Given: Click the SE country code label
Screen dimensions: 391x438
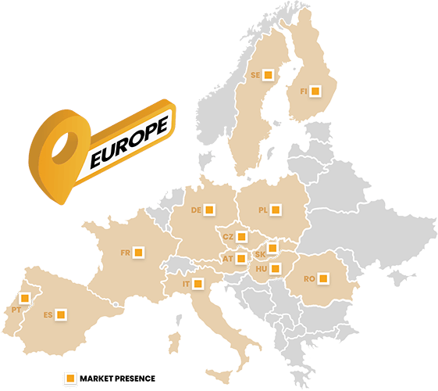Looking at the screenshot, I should [x=255, y=75].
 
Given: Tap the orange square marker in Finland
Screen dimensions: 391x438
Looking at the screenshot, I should [x=315, y=91].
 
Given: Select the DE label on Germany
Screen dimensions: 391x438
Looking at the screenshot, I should [x=197, y=210].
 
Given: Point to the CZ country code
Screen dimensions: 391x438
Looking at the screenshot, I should [x=228, y=236].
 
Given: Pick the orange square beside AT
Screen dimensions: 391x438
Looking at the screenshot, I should [x=241, y=257].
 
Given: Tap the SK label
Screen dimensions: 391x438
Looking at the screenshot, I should [x=261, y=254].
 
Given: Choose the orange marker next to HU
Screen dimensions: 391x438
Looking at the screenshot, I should [x=276, y=269].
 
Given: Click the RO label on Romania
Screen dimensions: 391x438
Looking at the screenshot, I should [x=309, y=278].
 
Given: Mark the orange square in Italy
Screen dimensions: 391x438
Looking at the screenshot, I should [x=198, y=283].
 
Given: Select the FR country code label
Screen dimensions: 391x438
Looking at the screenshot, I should [x=125, y=253].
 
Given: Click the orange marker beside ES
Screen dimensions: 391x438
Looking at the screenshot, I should [x=60, y=314].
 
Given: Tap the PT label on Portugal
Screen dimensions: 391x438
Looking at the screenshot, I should [x=16, y=310].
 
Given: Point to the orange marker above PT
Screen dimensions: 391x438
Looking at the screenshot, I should [x=26, y=298].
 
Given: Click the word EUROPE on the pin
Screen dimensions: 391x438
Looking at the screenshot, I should [x=129, y=142].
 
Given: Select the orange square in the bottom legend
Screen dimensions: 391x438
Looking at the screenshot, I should [x=70, y=378].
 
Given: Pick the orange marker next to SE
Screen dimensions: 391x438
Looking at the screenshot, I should [x=267, y=74].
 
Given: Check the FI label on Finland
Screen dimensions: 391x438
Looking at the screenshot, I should [x=303, y=92].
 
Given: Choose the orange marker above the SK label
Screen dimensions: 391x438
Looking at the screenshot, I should [x=272, y=248].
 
